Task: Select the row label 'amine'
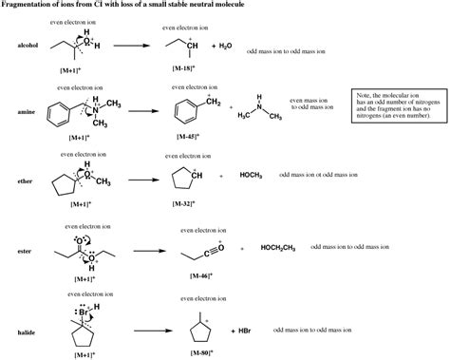pyautogui.click(x=25, y=111)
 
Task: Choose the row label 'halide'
pyautogui.click(x=26, y=332)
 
